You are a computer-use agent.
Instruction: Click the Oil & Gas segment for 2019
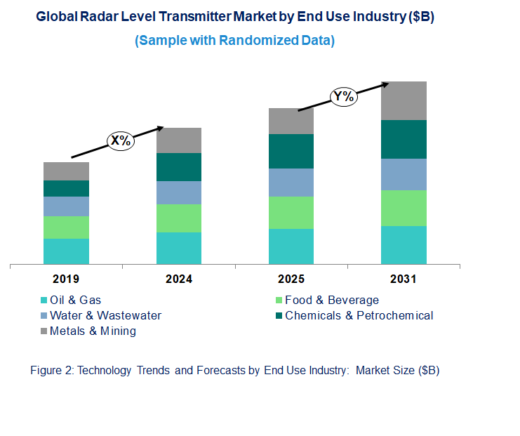point(66,251)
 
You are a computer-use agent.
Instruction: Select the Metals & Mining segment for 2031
point(404,100)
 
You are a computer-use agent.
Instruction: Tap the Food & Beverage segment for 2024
point(178,218)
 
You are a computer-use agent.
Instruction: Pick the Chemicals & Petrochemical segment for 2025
point(291,151)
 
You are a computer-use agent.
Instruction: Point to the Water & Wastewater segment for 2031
point(404,174)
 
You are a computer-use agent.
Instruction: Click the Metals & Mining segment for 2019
point(66,171)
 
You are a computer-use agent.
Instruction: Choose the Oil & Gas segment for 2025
point(291,246)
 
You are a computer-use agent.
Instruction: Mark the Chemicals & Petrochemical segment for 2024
point(178,167)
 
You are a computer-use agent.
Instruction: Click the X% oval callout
point(120,140)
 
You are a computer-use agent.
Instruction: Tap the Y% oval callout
point(344,96)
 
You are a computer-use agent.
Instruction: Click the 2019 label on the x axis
point(67,279)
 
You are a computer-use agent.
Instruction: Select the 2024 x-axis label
point(179,279)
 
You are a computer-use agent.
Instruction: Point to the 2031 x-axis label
point(404,279)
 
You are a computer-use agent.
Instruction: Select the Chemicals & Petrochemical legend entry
point(359,315)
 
